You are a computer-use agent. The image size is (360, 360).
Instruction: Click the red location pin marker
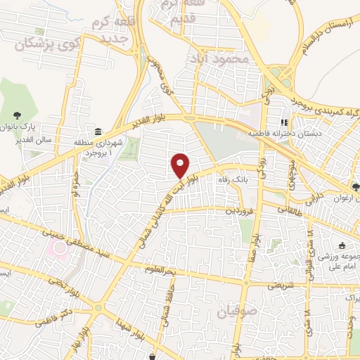(x=181, y=165)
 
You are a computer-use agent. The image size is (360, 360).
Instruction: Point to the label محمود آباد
(x=219, y=60)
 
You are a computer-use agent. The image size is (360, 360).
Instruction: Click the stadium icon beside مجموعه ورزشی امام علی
(x=342, y=245)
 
